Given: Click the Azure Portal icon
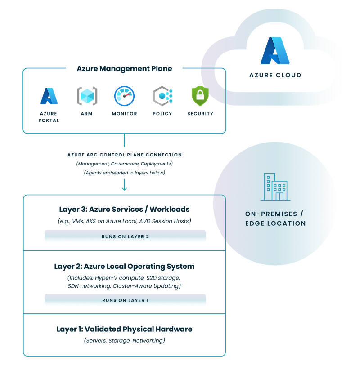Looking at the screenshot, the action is (x=49, y=96).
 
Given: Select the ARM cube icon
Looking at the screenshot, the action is (x=87, y=96).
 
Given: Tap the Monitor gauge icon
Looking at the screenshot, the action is (x=125, y=96).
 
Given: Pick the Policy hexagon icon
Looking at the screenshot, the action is (x=163, y=96).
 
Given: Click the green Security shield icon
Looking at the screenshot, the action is (x=200, y=96).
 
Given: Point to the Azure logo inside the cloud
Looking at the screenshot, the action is (x=275, y=50).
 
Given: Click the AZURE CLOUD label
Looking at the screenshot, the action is (x=275, y=75).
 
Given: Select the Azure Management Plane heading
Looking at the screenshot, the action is (x=124, y=69).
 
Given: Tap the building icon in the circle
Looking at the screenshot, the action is (x=275, y=187).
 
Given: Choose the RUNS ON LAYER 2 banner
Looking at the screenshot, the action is (x=125, y=236).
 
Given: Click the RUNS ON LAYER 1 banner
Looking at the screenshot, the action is (x=125, y=300).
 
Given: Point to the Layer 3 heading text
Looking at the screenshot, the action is (x=124, y=210).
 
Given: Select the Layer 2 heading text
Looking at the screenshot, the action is (x=124, y=267).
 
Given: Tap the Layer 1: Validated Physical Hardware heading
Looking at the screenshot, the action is (x=124, y=329).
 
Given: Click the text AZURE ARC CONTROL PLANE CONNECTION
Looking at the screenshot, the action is (x=125, y=155).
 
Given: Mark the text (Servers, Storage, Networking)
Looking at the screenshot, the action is (x=124, y=340).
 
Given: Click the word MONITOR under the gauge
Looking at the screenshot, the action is (x=125, y=113).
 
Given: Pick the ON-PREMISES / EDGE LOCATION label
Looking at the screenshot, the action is (x=275, y=218).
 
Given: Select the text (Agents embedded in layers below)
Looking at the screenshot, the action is (x=124, y=173).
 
